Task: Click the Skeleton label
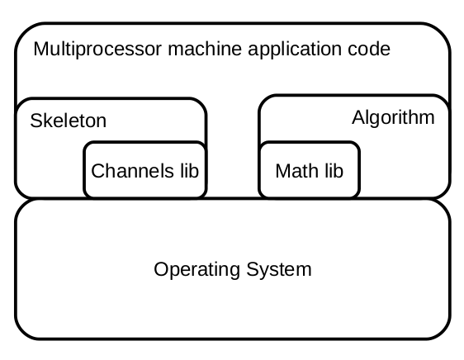(68, 121)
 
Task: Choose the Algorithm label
(392, 117)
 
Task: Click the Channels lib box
(145, 171)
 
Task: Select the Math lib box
(309, 171)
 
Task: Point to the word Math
(295, 171)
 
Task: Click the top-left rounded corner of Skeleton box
(21, 103)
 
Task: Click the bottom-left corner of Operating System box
(21, 333)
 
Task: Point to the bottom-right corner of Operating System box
(445, 333)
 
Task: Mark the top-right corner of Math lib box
(356, 146)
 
